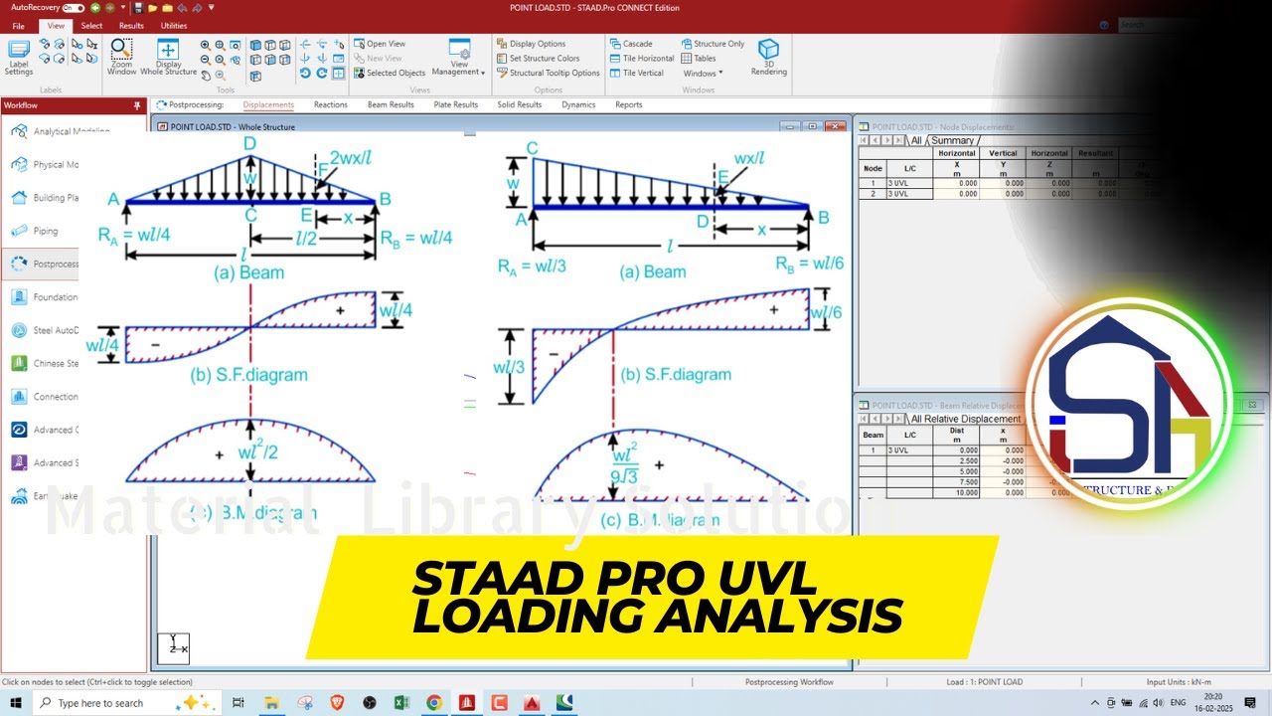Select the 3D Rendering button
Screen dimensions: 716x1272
pos(768,58)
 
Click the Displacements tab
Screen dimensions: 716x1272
pos(268,104)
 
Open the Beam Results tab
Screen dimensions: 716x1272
pos(391,104)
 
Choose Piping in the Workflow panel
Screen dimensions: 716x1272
pos(45,231)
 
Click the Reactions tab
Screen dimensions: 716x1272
pos(331,104)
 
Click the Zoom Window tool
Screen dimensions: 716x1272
pos(121,58)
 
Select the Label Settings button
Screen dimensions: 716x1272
pos(19,58)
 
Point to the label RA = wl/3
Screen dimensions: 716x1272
pos(533,266)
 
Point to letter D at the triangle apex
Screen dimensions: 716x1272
pos(249,144)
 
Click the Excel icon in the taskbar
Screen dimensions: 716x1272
pos(401,703)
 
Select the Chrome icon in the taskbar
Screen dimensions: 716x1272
pos(434,703)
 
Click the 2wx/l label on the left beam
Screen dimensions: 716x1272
pos(351,158)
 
